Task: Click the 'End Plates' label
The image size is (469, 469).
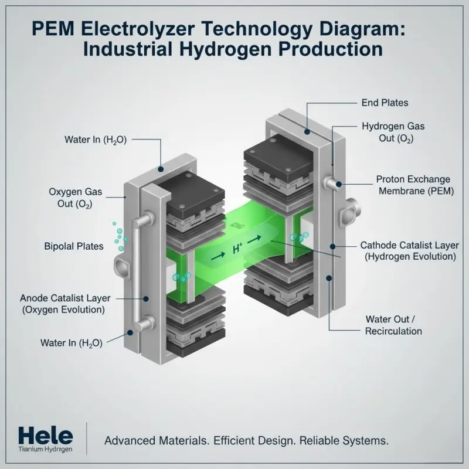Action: [x=385, y=103]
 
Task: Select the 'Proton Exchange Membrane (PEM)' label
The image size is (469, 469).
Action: [x=413, y=185]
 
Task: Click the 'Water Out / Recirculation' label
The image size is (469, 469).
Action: [x=393, y=325]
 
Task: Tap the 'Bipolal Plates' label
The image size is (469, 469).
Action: [x=74, y=246]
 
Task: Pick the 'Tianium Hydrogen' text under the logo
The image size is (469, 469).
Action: [x=46, y=450]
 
